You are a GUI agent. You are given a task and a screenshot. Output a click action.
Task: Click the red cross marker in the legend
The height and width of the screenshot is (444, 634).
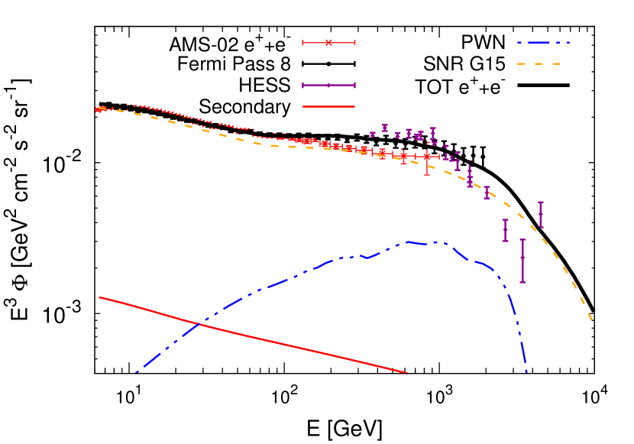coord(328,43)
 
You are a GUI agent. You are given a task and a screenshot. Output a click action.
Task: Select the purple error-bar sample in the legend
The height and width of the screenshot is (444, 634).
coord(328,86)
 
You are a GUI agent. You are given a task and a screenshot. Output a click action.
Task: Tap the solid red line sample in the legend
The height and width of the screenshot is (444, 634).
coord(328,107)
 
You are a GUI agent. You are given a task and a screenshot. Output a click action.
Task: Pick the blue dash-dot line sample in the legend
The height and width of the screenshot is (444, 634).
coord(542,43)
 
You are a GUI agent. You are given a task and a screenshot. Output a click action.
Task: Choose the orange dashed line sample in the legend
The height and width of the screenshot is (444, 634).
coord(539,64)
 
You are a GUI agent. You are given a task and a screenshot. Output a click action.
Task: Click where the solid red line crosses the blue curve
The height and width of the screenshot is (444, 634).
coord(199,324)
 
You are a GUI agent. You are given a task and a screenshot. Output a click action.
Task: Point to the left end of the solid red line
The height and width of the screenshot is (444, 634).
coord(99,297)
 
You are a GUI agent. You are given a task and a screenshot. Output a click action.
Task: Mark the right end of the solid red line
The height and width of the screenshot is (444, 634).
coord(406,373)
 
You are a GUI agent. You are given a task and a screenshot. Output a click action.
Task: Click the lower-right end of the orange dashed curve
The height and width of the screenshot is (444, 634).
coord(592,320)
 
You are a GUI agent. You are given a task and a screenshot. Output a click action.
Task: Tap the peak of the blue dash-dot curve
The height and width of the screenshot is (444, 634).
coord(406,241)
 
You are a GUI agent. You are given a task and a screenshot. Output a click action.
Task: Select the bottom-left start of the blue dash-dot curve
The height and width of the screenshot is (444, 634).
coord(136,373)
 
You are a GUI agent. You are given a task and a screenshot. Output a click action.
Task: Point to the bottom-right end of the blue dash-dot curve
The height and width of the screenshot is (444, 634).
coord(526,372)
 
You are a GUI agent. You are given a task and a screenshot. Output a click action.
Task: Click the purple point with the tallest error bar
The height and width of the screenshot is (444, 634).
coord(522,261)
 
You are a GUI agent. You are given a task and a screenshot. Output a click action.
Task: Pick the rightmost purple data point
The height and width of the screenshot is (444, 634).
coord(541,215)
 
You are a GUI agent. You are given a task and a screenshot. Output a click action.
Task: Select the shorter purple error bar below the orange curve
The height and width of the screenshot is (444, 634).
coord(505,230)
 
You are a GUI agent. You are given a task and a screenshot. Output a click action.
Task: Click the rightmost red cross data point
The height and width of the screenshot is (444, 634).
coord(427,156)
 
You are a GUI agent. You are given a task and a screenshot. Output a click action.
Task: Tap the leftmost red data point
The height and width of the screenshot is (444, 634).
coord(98,110)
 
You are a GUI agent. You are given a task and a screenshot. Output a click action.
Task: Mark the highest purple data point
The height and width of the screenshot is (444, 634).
coord(385,128)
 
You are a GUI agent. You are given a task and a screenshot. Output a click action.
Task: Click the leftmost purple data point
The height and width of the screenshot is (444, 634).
coord(373,134)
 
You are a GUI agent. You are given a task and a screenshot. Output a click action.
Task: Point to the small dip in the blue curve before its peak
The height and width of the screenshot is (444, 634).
coord(367,258)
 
